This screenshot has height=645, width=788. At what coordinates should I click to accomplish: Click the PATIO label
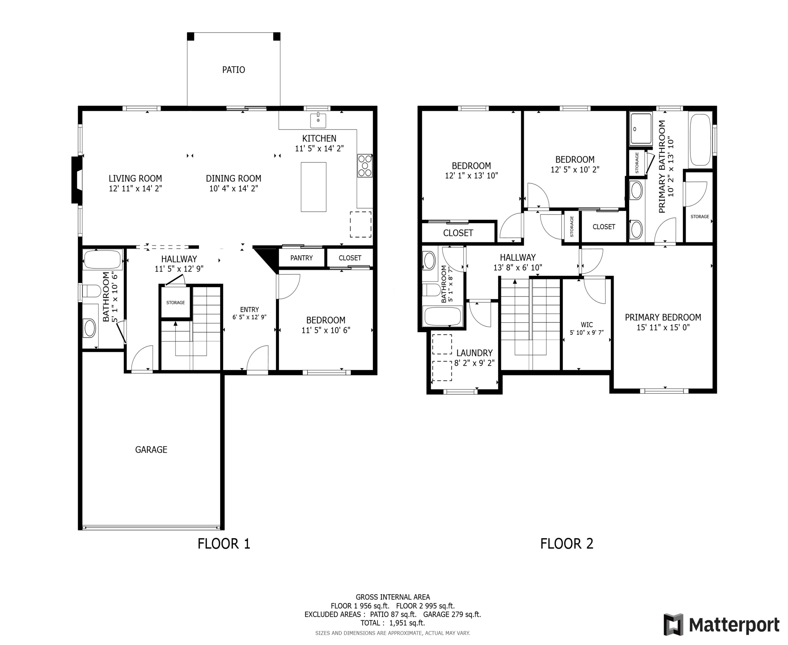tap(234, 70)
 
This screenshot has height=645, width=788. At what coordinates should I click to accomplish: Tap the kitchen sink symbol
tap(318, 120)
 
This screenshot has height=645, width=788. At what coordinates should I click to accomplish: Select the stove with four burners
tap(365, 165)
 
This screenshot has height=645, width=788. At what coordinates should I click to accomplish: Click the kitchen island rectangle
tap(313, 187)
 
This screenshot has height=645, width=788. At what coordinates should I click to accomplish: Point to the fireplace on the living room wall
tap(77, 180)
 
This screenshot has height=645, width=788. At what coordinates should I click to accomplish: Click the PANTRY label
tap(302, 258)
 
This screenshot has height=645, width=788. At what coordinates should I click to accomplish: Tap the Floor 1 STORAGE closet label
tap(175, 302)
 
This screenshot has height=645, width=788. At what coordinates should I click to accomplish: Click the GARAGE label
tap(151, 450)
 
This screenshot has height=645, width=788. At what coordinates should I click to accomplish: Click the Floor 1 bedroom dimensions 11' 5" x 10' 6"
tap(326, 330)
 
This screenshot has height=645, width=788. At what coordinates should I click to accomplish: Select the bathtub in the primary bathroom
tap(700, 140)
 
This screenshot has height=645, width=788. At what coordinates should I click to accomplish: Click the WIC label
tap(587, 325)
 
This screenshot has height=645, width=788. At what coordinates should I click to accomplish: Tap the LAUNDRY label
tap(474, 353)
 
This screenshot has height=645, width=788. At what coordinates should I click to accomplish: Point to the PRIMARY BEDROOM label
tap(663, 317)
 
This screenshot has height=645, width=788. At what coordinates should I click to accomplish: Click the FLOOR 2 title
tap(567, 544)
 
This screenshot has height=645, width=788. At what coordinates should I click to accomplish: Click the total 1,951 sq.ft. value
tap(407, 623)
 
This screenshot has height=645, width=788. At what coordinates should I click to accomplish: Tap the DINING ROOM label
tap(234, 178)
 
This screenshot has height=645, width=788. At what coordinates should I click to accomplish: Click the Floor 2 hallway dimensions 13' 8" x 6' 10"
tap(517, 268)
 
